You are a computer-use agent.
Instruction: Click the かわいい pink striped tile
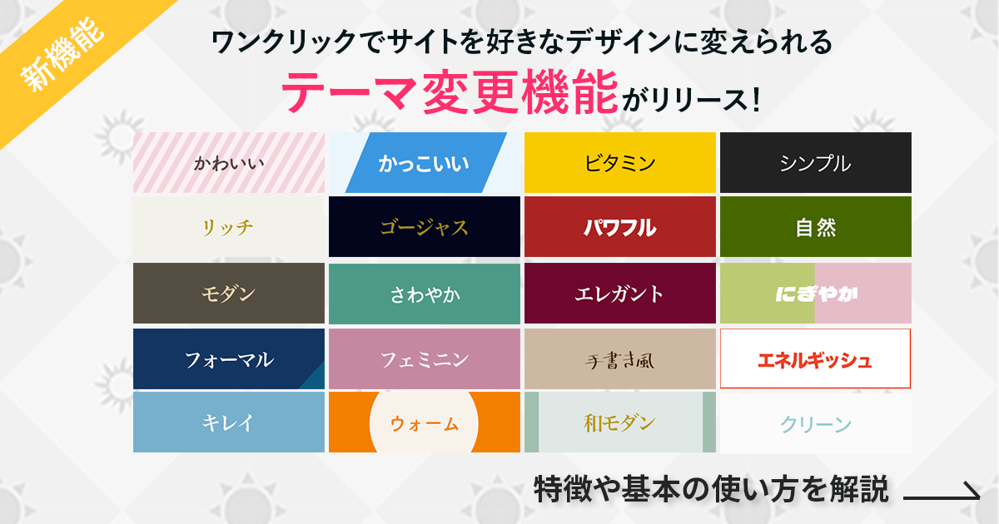tap(229, 163)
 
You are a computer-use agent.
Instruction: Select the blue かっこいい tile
tap(425, 163)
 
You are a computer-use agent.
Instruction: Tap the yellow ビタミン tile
tap(620, 163)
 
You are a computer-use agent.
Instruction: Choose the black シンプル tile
tap(816, 163)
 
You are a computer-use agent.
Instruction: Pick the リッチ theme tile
tap(229, 227)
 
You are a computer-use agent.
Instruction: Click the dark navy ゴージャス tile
tap(425, 227)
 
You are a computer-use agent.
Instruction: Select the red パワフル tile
tap(620, 227)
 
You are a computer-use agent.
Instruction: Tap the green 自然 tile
tap(816, 227)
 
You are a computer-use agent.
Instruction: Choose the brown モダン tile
tap(229, 293)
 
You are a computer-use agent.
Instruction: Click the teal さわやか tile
tap(425, 293)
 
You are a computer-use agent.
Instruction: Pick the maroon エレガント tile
tap(620, 293)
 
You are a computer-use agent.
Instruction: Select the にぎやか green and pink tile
tap(816, 293)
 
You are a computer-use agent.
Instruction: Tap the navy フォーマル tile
tap(229, 359)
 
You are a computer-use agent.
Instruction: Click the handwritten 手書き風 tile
tap(620, 359)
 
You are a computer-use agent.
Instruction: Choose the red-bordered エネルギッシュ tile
tap(816, 359)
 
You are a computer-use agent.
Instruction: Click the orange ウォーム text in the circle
tap(425, 423)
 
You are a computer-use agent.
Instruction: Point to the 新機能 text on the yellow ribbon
tap(63, 54)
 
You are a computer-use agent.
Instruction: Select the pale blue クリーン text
tap(816, 424)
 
